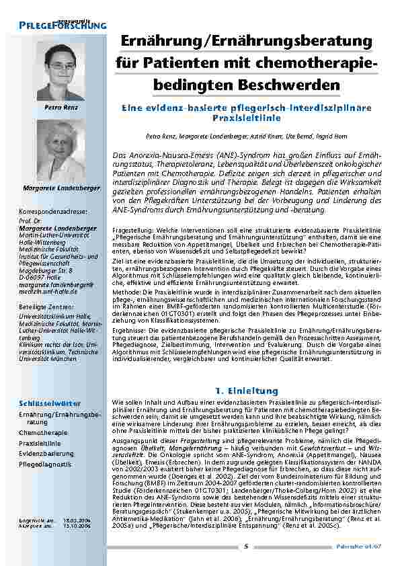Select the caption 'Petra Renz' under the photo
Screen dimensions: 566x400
57,108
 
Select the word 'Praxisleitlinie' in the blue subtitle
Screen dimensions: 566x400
246,116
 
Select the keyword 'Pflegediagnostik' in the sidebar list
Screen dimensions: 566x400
45,464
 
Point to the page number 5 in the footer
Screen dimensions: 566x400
247,545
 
